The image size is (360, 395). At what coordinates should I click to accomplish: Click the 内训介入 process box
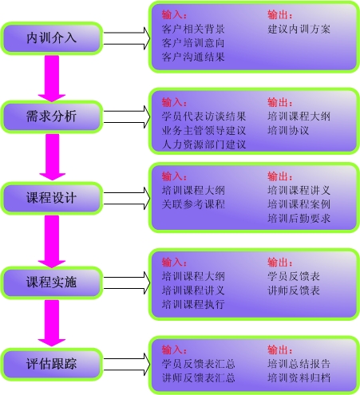point(52,38)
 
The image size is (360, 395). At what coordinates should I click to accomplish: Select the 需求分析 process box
point(52,117)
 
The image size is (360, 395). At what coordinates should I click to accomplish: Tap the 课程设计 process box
point(52,198)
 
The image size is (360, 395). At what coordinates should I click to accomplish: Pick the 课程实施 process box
point(52,282)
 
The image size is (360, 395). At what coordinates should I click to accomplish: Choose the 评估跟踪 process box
point(52,364)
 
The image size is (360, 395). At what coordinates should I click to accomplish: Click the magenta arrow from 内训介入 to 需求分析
point(52,78)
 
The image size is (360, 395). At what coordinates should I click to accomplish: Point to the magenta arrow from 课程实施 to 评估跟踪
point(52,323)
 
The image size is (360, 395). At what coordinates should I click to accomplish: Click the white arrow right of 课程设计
point(127,198)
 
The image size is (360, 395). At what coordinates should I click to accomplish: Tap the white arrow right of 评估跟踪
point(127,364)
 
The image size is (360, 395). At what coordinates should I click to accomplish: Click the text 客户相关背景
point(193,29)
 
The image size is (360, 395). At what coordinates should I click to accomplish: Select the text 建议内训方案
point(299,29)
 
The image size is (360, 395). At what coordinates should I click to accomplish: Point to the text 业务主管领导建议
point(204,131)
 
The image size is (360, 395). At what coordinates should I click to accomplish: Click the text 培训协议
point(288,131)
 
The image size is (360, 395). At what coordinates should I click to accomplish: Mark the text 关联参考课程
point(193,204)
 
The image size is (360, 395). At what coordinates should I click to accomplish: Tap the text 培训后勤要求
point(299,219)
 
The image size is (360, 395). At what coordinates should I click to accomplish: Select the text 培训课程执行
point(193,304)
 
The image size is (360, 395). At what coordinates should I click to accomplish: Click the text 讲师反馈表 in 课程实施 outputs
point(294,290)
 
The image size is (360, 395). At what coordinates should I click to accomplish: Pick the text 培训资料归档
point(299,378)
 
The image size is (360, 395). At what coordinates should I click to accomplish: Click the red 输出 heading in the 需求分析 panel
point(280,102)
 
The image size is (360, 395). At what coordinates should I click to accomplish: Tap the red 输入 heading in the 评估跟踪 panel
point(174,350)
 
